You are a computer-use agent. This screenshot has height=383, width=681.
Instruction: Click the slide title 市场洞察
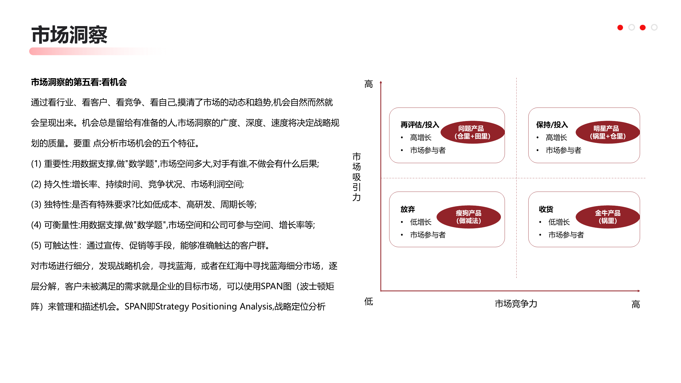(x=69, y=35)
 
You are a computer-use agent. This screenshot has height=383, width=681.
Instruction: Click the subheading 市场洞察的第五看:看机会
(x=79, y=82)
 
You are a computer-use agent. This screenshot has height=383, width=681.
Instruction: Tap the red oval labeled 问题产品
(x=472, y=132)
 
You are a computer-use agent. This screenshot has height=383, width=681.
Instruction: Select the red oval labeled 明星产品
(x=608, y=132)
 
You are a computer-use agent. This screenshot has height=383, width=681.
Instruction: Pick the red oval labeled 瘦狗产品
(x=468, y=217)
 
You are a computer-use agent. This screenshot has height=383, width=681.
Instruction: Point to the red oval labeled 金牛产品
(x=608, y=217)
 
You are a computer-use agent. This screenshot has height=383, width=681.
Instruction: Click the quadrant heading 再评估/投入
(x=420, y=124)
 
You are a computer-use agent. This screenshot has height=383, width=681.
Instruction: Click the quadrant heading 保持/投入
(x=552, y=124)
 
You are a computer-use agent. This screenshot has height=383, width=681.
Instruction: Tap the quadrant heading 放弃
(x=408, y=209)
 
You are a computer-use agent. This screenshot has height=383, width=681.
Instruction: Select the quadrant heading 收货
(x=546, y=209)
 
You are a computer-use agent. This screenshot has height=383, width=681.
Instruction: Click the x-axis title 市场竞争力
(x=516, y=303)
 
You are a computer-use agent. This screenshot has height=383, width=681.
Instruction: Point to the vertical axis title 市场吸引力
(x=356, y=177)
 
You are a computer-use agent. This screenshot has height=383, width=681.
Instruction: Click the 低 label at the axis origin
(x=368, y=302)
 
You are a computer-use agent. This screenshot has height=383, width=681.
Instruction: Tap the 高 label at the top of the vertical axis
(x=368, y=84)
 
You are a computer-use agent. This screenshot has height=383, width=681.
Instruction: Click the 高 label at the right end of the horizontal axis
(x=636, y=304)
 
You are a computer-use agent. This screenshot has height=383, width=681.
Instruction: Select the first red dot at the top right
(x=620, y=28)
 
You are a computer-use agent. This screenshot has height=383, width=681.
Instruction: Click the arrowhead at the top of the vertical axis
(x=381, y=82)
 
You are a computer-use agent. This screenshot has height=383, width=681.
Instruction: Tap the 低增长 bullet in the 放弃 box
(x=421, y=222)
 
